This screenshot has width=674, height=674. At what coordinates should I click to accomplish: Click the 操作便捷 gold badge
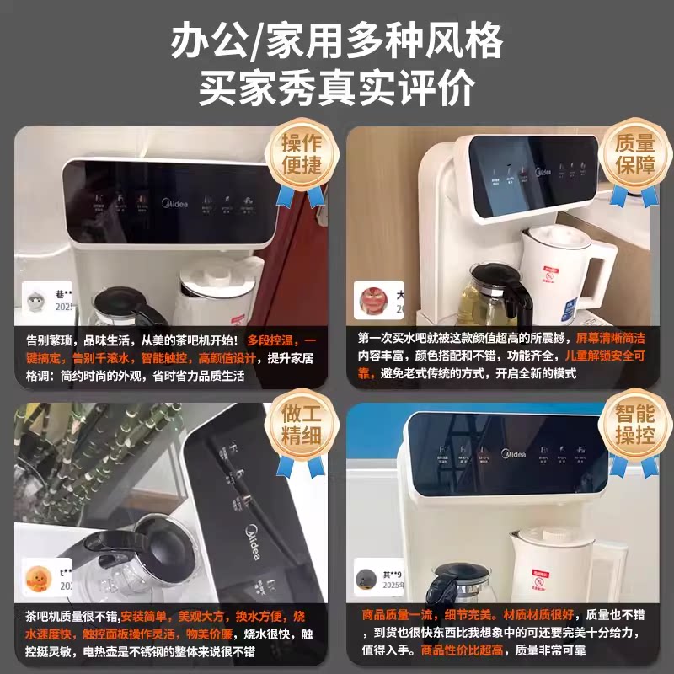click(301, 153)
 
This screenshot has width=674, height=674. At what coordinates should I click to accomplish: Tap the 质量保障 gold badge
click(634, 153)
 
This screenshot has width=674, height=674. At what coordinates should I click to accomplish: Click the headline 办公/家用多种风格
click(337, 40)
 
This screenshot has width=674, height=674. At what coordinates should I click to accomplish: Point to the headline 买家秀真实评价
click(337, 87)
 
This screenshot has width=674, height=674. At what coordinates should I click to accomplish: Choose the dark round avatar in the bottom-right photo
click(366, 578)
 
